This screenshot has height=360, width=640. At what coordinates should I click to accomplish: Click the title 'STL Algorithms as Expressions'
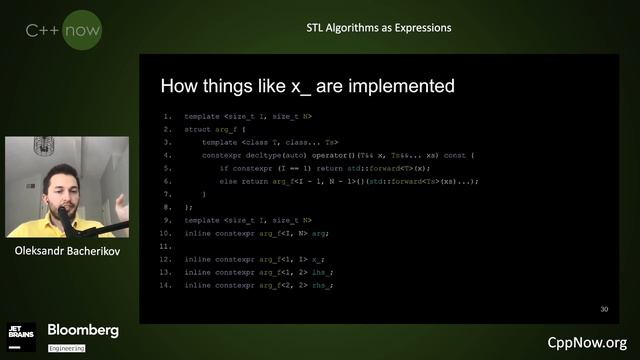pos(378,27)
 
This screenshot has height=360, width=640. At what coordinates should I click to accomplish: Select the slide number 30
pos(604,309)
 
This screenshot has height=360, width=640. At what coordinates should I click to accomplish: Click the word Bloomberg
pos(83,330)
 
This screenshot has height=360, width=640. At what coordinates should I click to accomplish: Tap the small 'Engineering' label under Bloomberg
pos(66,347)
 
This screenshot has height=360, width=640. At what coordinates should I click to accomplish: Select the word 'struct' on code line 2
pos(197,130)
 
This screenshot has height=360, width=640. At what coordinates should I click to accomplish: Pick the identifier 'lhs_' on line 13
pos(319,272)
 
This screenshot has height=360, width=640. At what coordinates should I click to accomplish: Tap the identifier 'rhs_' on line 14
pos(319,285)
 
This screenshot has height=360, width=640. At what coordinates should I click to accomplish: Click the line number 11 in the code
pos(166,246)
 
